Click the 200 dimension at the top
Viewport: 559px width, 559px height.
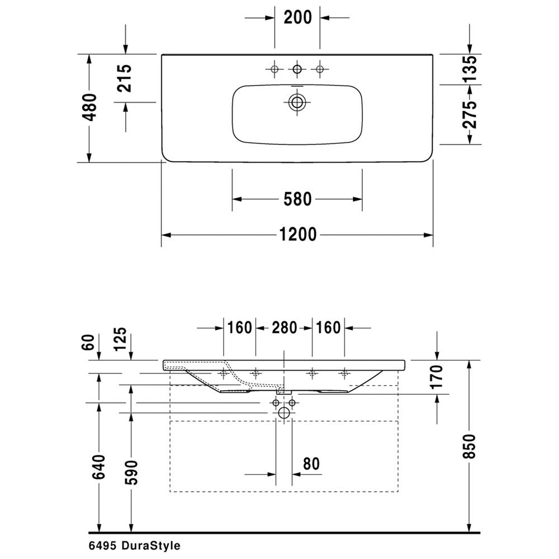[x=298, y=17]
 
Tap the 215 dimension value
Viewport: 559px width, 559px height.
[x=125, y=78]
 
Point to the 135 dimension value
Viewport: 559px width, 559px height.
[x=470, y=69]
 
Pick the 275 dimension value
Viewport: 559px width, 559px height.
[x=470, y=115]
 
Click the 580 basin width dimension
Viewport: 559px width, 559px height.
[x=298, y=199]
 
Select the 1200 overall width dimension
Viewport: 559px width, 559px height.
[x=298, y=235]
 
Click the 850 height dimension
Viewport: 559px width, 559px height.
[x=470, y=446]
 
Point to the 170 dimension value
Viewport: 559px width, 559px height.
[x=437, y=376]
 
